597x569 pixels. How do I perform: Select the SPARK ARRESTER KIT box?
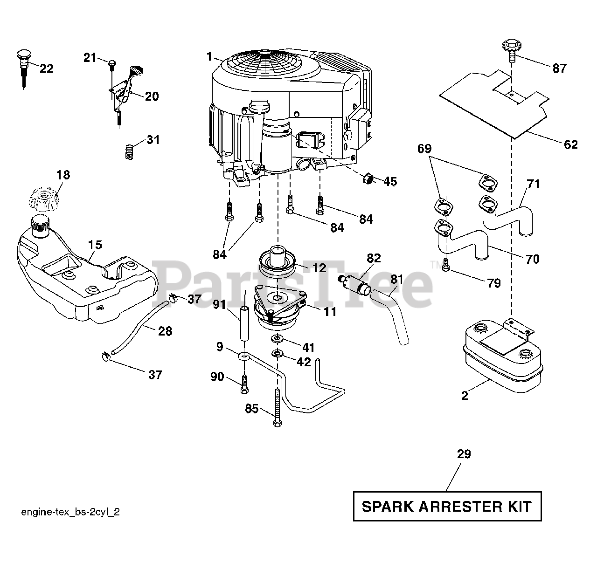pos(447,506)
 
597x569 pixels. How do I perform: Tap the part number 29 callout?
pos(464,454)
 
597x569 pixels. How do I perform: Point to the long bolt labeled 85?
pos(278,405)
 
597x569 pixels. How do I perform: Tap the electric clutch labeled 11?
pos(278,305)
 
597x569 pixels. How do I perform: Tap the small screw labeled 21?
pos(112,63)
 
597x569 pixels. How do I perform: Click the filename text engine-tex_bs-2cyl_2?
pos(70,512)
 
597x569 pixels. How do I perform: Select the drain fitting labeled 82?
pos(354,284)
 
